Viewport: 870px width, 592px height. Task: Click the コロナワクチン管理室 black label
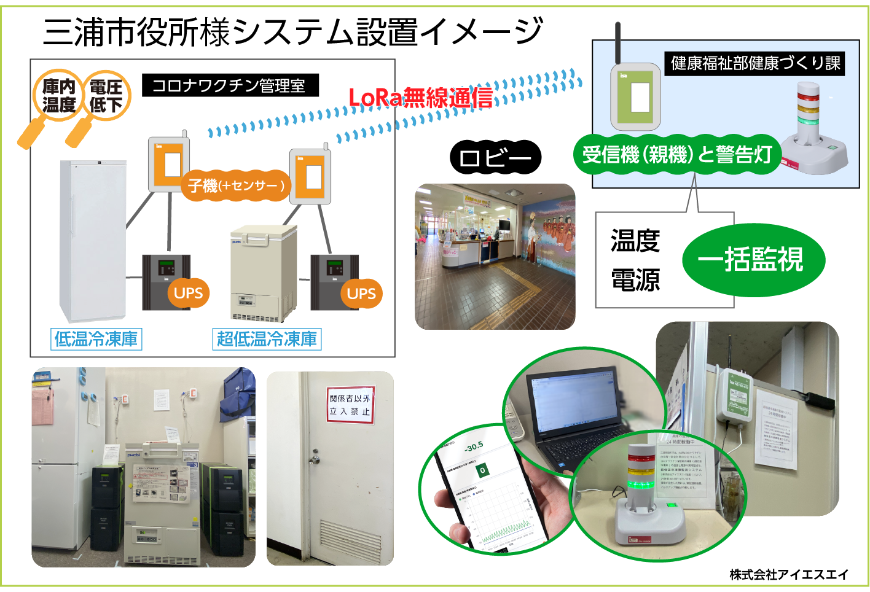coord(230,85)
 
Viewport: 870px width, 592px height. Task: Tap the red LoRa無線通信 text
coord(420,97)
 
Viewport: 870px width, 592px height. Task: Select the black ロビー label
coord(495,158)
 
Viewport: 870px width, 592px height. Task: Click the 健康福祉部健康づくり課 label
coord(754,63)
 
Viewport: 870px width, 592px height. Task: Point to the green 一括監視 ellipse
coord(753,259)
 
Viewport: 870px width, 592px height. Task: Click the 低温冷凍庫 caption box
coord(96,339)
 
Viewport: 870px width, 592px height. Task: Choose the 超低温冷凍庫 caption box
coord(267,339)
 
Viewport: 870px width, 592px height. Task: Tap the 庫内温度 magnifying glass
coord(58,96)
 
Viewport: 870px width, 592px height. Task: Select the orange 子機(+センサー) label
coord(236,185)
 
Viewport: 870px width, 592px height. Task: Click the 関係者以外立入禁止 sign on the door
coord(350,405)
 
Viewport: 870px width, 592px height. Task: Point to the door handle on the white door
coord(315,458)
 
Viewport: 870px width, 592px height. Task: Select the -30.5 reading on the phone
coord(474,446)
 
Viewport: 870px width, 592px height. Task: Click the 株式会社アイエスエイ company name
coord(789,575)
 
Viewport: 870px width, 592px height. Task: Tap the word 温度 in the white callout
coord(635,241)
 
